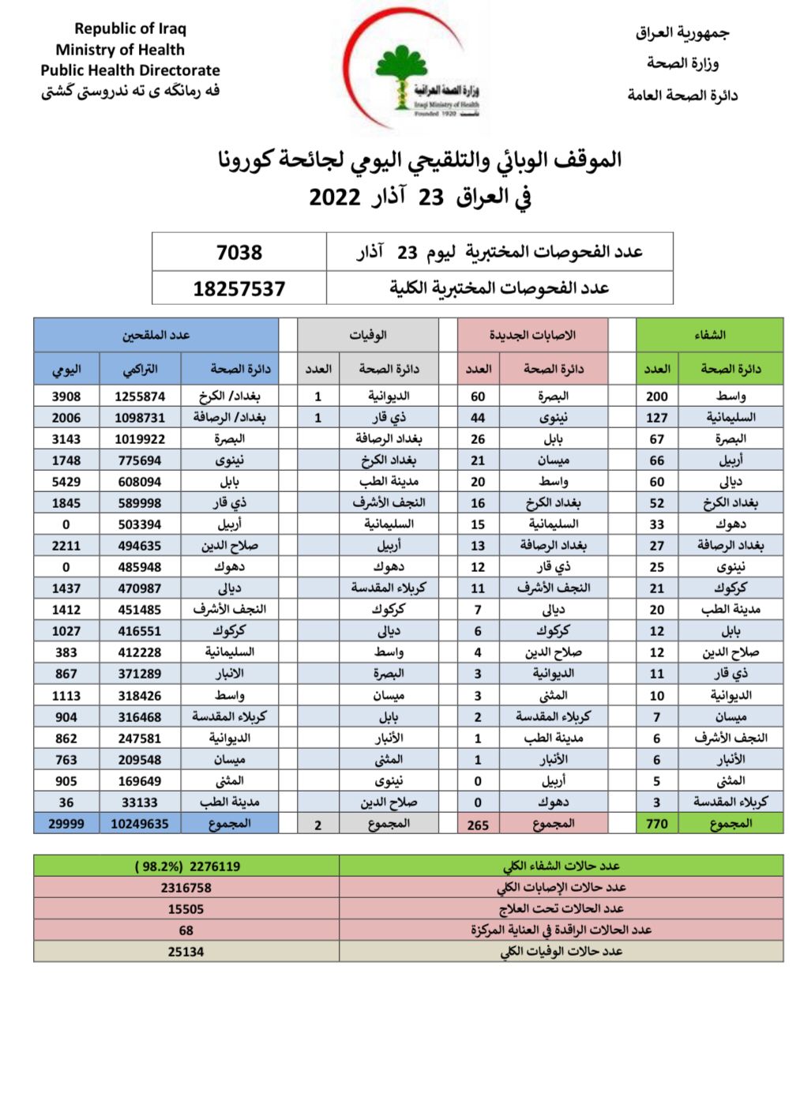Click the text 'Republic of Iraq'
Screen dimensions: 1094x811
[130, 28]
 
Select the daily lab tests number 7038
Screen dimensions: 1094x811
[239, 252]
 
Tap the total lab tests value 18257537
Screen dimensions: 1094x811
[239, 289]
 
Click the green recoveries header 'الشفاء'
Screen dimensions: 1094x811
[709, 335]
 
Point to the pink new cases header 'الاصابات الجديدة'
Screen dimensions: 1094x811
[532, 335]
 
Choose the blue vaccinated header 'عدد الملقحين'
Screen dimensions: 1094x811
[156, 335]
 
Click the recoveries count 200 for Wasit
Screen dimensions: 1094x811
[657, 397]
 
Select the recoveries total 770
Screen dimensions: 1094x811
[657, 824]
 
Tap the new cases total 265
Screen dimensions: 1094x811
[478, 825]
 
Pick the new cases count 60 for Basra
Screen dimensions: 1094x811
[478, 397]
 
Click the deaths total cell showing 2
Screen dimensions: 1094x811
[318, 825]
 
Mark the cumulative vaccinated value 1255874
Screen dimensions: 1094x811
[140, 397]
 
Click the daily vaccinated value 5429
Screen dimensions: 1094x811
[66, 482]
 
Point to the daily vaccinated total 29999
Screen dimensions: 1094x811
[66, 824]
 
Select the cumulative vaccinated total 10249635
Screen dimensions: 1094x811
[140, 824]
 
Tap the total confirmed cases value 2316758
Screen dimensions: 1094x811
[186, 888]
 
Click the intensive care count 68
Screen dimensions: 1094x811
[186, 930]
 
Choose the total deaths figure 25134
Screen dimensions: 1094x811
[186, 952]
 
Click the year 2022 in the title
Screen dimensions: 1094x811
[335, 197]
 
